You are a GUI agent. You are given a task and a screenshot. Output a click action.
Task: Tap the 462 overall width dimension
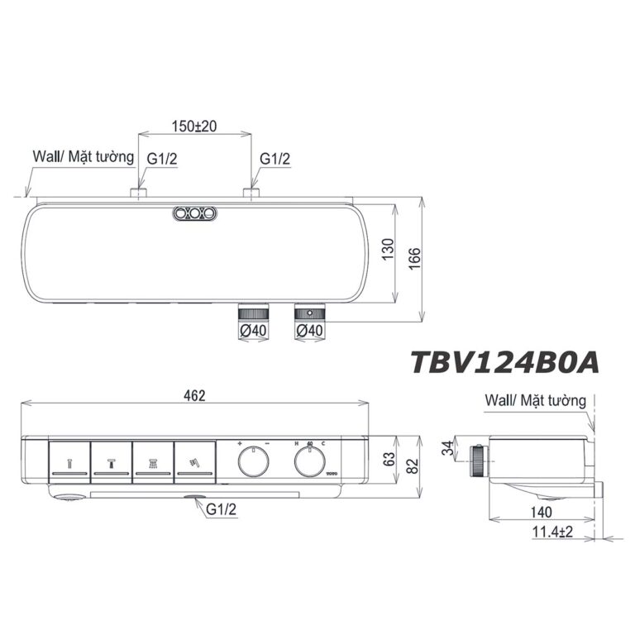tap(194, 395)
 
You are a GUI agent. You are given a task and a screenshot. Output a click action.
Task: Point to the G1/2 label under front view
tap(220, 511)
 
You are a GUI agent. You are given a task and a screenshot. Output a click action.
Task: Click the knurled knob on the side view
tap(478, 461)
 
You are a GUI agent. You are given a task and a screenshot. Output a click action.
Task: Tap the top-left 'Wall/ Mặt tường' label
tap(79, 155)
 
